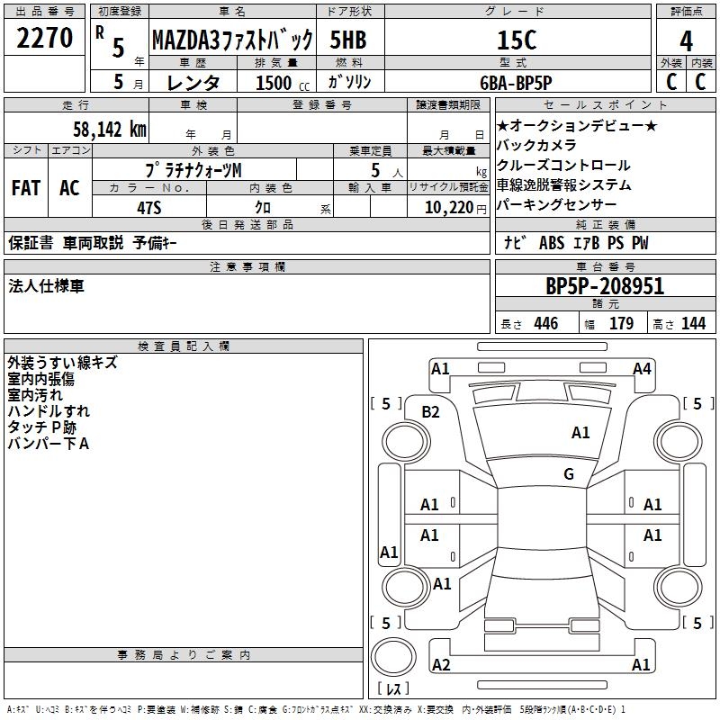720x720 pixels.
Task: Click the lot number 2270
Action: click(x=45, y=39)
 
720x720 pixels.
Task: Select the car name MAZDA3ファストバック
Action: click(x=232, y=40)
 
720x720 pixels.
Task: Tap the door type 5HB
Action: click(x=349, y=40)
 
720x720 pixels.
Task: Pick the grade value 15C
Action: click(x=517, y=40)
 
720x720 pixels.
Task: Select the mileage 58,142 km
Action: click(x=109, y=129)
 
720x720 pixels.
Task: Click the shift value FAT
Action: click(x=25, y=188)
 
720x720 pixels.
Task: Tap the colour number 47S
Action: click(x=149, y=208)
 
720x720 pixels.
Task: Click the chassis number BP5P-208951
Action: click(x=605, y=287)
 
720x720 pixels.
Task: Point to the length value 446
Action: click(x=545, y=324)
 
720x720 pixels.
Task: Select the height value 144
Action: click(x=693, y=324)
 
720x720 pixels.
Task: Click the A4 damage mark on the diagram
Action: click(x=642, y=368)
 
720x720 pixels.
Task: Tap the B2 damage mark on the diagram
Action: click(x=431, y=411)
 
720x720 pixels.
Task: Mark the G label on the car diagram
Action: click(x=569, y=474)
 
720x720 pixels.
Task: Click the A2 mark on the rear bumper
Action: click(x=441, y=665)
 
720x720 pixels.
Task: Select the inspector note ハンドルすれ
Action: click(x=49, y=411)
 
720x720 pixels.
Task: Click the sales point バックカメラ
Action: click(x=536, y=146)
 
